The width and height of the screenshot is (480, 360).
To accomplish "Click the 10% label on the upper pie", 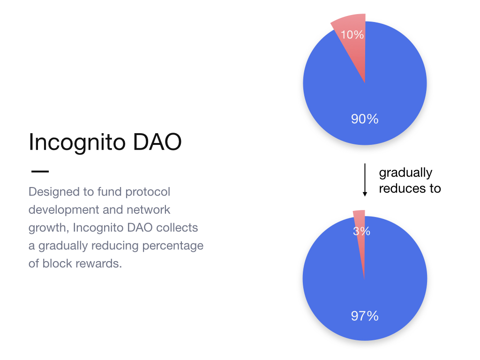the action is (x=352, y=35).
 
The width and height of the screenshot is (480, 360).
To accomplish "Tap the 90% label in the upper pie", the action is (x=365, y=119).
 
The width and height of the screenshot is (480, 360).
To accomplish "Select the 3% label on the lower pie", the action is (x=361, y=231).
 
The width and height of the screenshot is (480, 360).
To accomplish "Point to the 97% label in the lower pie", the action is (x=365, y=316).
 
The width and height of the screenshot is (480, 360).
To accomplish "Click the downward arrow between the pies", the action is (x=365, y=180).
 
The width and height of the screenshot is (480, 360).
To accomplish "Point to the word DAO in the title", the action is (x=157, y=142).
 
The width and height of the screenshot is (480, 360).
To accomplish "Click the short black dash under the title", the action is (x=40, y=172).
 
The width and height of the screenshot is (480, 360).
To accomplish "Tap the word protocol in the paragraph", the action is (x=148, y=192).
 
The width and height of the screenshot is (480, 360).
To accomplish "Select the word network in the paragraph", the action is (x=149, y=210).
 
